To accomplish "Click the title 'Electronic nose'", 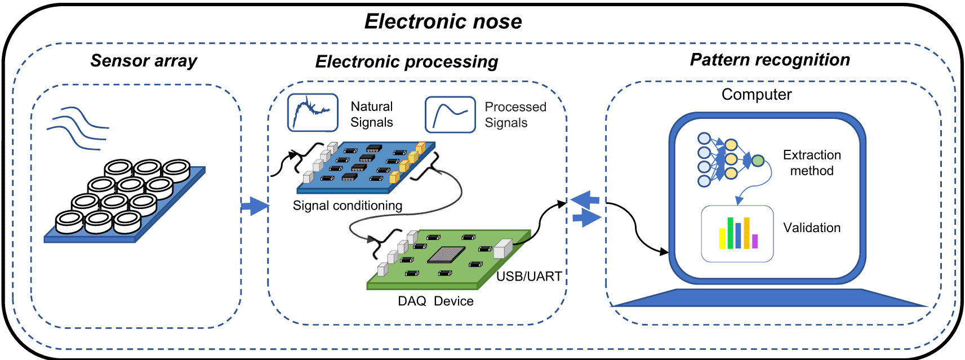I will (443, 21).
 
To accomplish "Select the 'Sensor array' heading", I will (144, 60).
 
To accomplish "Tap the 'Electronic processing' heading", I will (406, 61).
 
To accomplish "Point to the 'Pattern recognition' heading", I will (770, 60).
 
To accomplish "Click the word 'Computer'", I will (756, 95).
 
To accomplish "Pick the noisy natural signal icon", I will (313, 113).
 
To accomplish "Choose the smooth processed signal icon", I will (450, 114).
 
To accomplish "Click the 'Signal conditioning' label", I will (347, 206).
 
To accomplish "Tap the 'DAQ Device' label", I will (435, 301).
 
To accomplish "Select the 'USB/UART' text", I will (528, 276).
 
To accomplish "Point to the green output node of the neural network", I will (758, 161).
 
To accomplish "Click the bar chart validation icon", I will (737, 233).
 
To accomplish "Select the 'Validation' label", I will (812, 228).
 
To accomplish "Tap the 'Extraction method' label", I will (812, 163).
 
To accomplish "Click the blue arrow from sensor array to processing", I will (255, 206).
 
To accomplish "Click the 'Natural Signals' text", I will (371, 114).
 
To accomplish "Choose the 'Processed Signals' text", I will (515, 115).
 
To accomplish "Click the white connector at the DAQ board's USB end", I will (502, 248).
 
